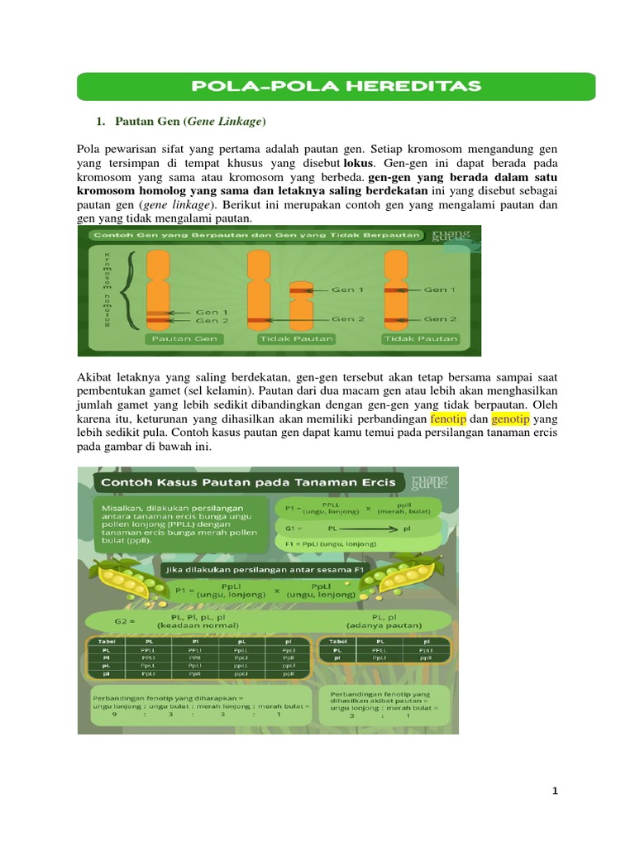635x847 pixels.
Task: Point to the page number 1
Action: point(555,791)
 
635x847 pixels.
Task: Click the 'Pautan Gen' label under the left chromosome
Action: point(169,338)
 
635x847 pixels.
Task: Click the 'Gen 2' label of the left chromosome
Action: point(207,320)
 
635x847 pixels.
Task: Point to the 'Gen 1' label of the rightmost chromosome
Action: point(440,290)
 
